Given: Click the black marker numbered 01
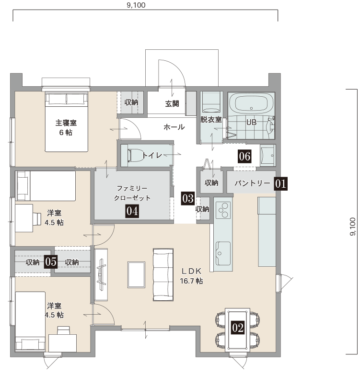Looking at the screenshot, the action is click(x=281, y=184).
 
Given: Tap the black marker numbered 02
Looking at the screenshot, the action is click(x=238, y=328).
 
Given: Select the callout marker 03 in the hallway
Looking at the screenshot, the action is click(x=187, y=198).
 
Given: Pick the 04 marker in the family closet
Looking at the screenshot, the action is click(x=132, y=211).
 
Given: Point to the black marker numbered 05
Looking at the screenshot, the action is click(x=51, y=261).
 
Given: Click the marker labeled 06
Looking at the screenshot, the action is click(x=244, y=157).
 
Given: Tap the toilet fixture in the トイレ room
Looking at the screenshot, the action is click(x=136, y=155).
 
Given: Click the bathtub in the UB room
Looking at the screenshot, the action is click(x=251, y=103).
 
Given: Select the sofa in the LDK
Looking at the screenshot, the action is click(x=163, y=275).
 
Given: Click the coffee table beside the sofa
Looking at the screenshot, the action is click(x=137, y=275).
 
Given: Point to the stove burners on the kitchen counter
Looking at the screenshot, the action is click(x=223, y=210).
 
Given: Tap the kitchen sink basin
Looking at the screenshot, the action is click(x=223, y=253).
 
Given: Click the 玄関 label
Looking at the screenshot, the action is click(x=172, y=104).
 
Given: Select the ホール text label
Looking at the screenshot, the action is click(x=174, y=127).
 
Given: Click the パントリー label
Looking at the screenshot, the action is click(x=252, y=183).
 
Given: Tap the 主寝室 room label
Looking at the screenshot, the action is click(x=66, y=123).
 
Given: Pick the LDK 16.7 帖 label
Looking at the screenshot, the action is click(x=191, y=276).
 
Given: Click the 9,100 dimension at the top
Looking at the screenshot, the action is click(x=136, y=5).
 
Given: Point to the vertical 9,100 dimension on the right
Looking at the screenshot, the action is click(x=353, y=227).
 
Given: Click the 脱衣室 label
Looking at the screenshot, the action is click(x=211, y=120).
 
